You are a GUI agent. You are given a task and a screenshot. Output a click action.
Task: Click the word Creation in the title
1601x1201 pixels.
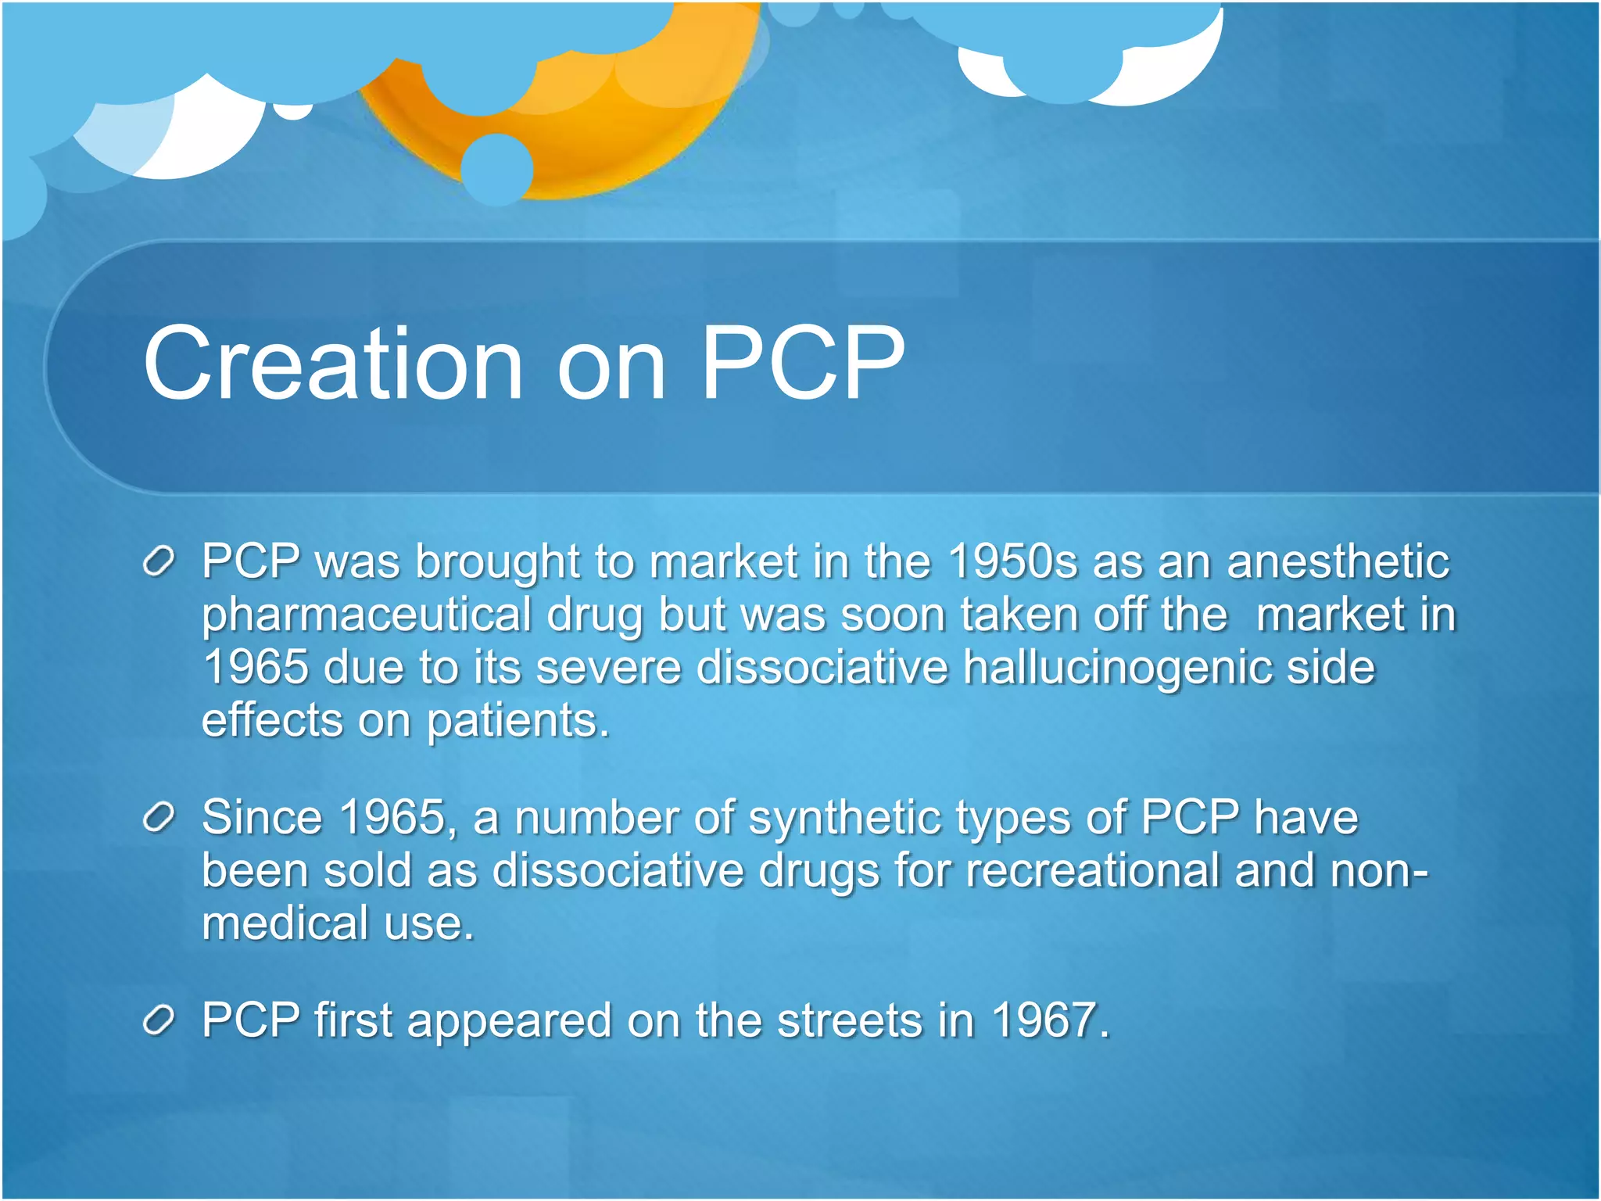[x=332, y=364]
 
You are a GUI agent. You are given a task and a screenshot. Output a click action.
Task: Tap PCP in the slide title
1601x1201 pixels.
[x=803, y=364]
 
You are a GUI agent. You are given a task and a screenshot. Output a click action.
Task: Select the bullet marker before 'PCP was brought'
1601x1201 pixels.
[x=159, y=562]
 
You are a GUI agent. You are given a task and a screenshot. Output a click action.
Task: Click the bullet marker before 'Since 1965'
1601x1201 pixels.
[x=159, y=818]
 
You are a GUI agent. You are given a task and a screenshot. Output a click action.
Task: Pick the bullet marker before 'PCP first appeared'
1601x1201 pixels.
[x=159, y=1020]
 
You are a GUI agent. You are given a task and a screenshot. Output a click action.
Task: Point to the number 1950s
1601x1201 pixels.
[x=1012, y=561]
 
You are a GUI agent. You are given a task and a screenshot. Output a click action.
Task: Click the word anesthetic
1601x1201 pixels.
[x=1338, y=561]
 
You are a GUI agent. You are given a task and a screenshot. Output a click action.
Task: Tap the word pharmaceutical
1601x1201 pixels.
[x=367, y=615]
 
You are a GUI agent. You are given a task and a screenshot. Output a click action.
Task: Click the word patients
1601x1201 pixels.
[x=518, y=720]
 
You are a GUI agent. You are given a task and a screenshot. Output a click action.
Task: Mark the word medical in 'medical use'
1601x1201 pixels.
[x=285, y=923]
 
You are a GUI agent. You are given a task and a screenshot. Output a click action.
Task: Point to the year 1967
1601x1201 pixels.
[x=1050, y=1020]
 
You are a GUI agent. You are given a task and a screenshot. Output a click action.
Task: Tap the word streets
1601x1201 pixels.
[x=850, y=1020]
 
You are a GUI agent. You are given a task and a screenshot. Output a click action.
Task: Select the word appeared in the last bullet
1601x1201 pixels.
[x=509, y=1022]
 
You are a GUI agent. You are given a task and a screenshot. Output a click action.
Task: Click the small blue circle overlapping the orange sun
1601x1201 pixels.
[x=497, y=169]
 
